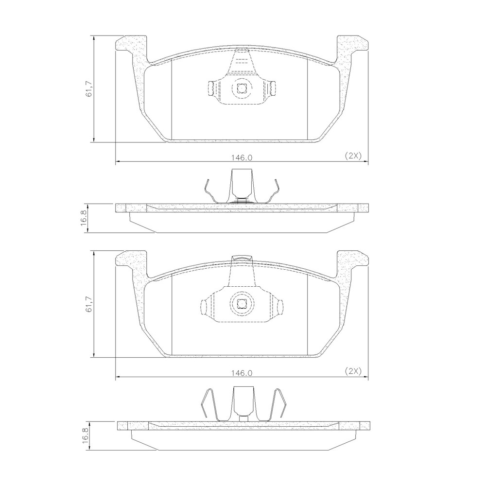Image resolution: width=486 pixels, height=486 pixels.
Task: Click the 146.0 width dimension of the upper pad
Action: point(241,157)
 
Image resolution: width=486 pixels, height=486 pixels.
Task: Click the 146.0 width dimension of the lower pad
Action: point(241,373)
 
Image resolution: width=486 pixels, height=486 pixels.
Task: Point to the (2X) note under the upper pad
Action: point(352,156)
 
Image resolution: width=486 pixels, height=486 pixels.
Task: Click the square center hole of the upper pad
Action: point(242,88)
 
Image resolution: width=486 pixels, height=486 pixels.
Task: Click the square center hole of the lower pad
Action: point(242,305)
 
